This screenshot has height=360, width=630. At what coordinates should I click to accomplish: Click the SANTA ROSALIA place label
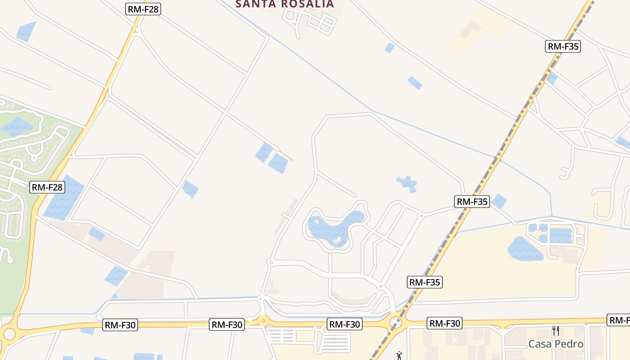click(285, 4)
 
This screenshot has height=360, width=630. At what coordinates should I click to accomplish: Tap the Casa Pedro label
click(556, 344)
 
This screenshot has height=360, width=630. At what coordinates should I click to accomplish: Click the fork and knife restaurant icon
click(556, 331)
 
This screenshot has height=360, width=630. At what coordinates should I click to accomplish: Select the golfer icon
click(399, 355)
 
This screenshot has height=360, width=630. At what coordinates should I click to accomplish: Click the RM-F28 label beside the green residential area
click(47, 187)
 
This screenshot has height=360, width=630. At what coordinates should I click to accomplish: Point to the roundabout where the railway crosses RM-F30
click(396, 323)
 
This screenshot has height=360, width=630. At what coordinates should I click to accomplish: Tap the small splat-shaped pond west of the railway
click(407, 183)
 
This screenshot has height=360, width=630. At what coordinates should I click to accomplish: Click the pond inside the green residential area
click(17, 126)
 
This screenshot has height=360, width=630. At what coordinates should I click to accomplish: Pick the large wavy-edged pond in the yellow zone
click(525, 249)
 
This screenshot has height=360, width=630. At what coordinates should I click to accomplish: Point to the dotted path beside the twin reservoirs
click(286, 155)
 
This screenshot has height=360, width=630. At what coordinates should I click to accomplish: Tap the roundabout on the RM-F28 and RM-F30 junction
click(9, 334)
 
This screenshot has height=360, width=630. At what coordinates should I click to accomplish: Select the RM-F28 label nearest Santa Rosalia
click(143, 9)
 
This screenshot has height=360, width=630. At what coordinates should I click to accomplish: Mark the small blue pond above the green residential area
click(26, 31)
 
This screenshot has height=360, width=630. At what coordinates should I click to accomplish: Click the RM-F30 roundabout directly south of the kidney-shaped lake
click(263, 321)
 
